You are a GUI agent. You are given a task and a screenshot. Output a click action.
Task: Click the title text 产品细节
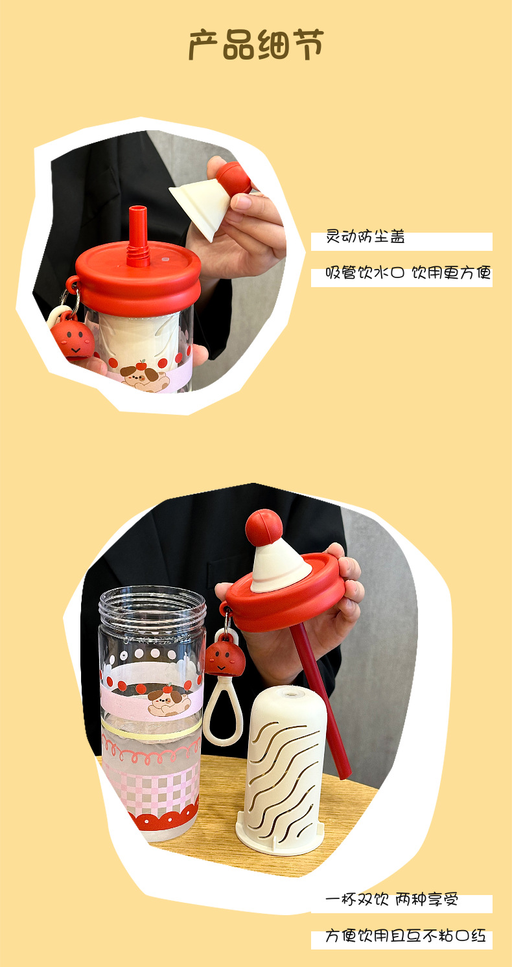255,45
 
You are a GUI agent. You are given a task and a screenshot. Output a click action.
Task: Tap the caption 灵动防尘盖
366,237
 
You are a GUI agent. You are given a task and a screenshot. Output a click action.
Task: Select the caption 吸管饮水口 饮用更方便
408,273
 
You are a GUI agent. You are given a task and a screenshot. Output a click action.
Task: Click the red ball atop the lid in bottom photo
264,527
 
